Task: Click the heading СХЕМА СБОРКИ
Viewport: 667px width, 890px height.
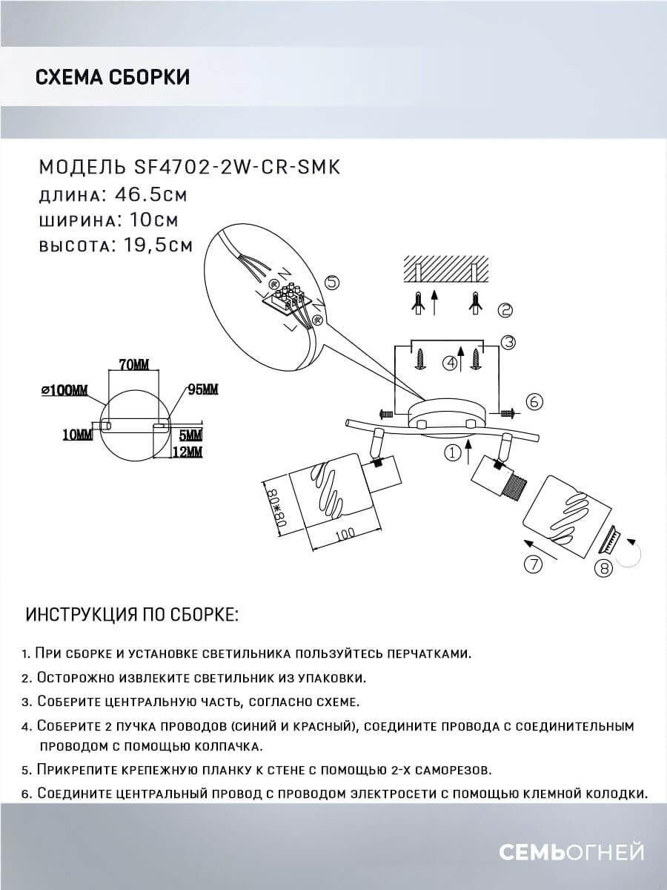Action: pyautogui.click(x=112, y=77)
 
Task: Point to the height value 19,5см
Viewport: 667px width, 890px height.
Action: pyautogui.click(x=153, y=245)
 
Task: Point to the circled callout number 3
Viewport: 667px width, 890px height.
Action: pyautogui.click(x=508, y=342)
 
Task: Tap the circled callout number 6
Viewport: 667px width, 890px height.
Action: pyautogui.click(x=534, y=401)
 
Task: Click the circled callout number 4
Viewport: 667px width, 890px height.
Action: pyautogui.click(x=449, y=363)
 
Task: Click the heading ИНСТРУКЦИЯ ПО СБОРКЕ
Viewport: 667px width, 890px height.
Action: pyautogui.click(x=133, y=616)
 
